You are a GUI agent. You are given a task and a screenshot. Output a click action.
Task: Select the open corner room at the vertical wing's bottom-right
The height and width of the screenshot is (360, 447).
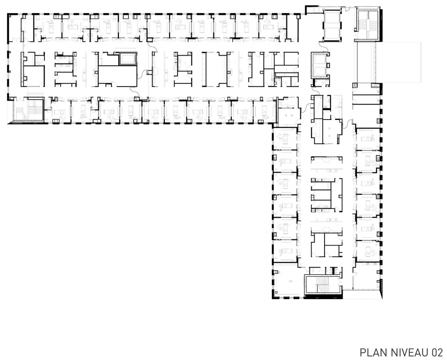tap(367, 276)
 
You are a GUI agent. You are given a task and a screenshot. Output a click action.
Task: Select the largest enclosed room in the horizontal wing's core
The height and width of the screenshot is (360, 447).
tap(117, 75)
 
